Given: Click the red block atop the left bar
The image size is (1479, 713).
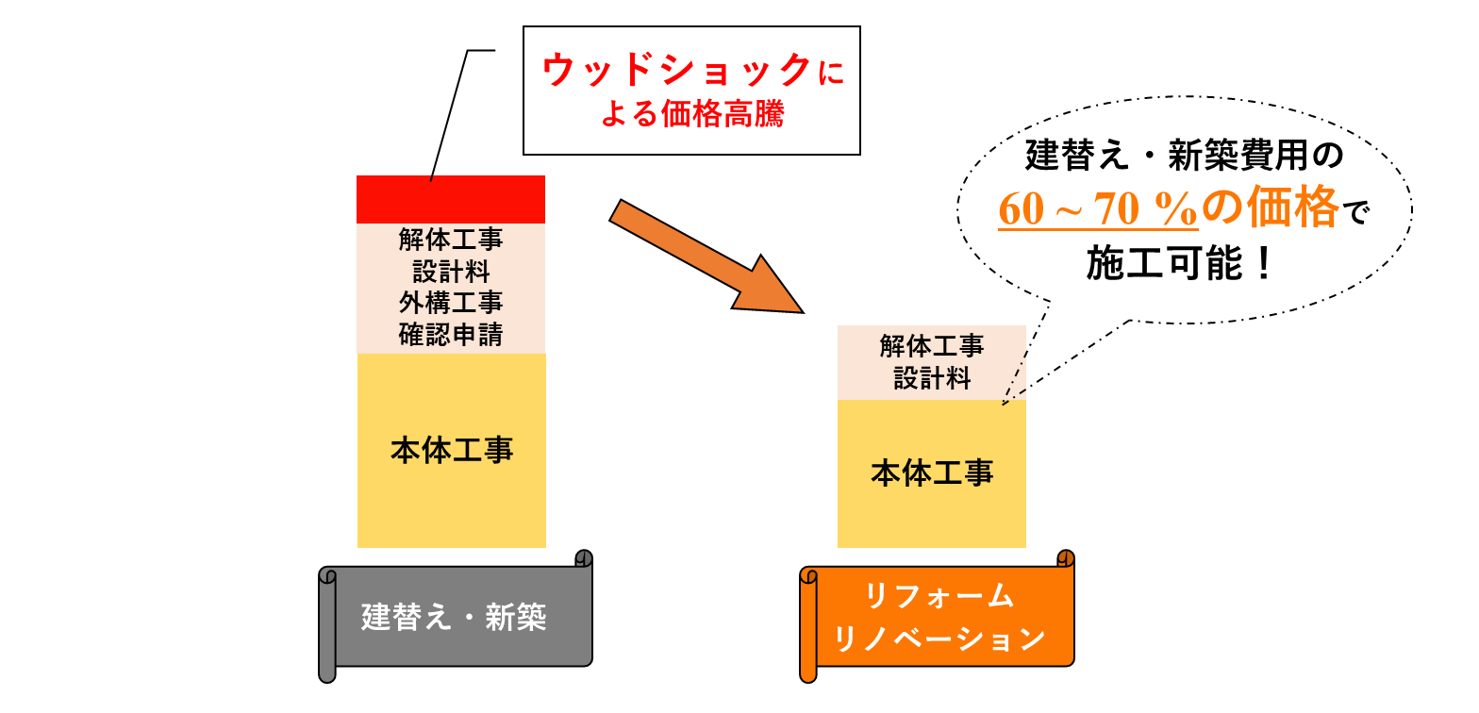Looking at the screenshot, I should click(451, 199).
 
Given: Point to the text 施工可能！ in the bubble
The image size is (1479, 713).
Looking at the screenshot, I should click(1180, 265).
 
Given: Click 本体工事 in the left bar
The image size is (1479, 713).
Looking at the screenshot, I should click(452, 450).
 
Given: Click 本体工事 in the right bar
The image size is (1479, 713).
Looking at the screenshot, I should click(932, 472).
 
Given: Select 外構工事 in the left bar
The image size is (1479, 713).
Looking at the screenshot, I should click(451, 303).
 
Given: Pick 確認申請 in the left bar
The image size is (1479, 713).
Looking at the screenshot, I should click(451, 334).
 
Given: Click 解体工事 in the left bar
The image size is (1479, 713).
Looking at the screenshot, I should click(451, 240).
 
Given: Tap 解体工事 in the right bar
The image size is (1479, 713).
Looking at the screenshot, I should click(932, 346).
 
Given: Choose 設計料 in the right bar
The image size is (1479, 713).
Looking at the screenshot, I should click(932, 378).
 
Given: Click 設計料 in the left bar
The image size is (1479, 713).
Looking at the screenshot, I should click(451, 272).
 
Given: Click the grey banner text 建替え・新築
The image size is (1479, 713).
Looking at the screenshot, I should click(454, 618).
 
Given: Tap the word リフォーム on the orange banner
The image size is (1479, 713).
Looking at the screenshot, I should click(939, 596).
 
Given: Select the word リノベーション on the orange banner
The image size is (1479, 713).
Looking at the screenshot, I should click(939, 638).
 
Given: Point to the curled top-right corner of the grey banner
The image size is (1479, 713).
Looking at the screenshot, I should click(584, 557).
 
